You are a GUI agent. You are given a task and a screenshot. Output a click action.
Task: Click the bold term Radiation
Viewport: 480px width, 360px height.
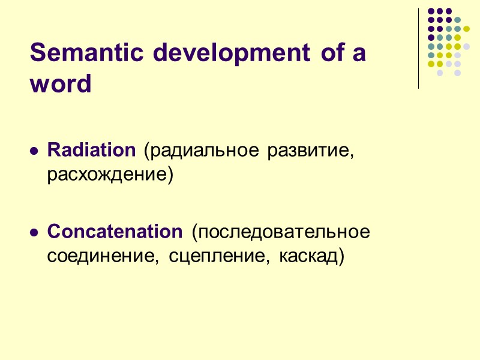pos(91,151)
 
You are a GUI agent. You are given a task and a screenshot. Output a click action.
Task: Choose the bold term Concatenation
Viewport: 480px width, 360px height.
pos(114,231)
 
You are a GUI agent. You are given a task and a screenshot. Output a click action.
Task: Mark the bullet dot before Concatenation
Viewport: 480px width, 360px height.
pos(34,233)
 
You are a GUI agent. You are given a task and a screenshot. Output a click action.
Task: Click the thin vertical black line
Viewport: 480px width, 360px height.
pos(419,48)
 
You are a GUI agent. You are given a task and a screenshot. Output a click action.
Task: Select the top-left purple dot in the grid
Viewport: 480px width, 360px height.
pos(431,11)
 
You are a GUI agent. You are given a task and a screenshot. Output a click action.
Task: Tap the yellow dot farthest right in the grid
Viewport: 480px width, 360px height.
pos(466,28)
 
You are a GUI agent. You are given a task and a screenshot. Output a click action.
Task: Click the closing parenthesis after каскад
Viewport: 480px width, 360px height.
pos(342,257)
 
